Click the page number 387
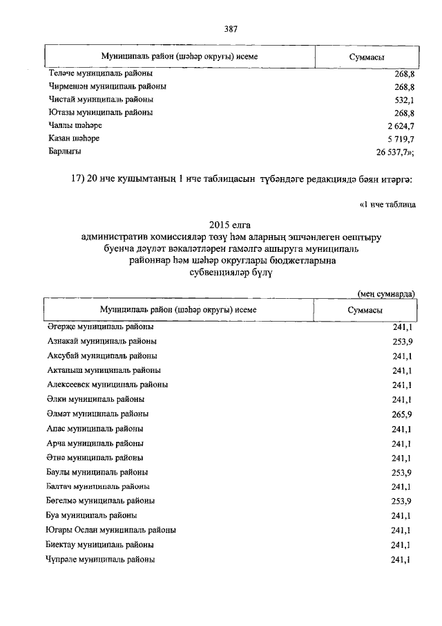click(x=231, y=29)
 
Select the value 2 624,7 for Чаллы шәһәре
click(x=398, y=125)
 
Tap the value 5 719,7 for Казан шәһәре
click(x=398, y=138)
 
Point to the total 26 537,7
click(x=394, y=151)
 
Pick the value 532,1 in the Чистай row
click(x=403, y=100)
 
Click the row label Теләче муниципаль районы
click(x=101, y=73)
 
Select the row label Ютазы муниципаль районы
click(x=101, y=112)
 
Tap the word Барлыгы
click(x=66, y=151)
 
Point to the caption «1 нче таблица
click(x=387, y=205)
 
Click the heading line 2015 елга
click(x=230, y=225)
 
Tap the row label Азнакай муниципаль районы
click(x=102, y=342)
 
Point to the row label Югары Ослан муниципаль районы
click(x=111, y=530)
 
